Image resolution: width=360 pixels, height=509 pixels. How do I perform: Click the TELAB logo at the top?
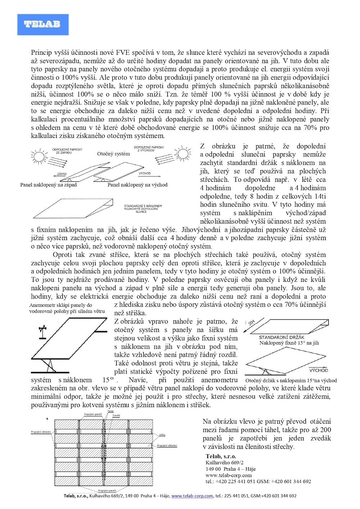42,24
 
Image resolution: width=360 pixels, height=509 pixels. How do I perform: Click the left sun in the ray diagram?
38,156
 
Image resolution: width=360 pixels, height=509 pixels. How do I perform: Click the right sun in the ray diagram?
183,154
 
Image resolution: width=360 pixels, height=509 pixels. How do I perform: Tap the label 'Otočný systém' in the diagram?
113,154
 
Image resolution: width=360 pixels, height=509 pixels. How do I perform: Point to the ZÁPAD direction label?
62,174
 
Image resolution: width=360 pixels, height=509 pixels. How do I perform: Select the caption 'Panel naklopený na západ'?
48,185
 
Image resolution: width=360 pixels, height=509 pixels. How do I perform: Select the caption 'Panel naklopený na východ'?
138,185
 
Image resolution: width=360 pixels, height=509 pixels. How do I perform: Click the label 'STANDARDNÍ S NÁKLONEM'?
143,206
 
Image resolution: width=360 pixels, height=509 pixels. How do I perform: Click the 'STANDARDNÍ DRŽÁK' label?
282,337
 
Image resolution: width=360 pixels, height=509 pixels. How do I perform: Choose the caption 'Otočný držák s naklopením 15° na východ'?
291,380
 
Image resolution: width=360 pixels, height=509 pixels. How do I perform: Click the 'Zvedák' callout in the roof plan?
116,415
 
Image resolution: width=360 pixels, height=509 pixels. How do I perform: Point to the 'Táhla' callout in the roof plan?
111,411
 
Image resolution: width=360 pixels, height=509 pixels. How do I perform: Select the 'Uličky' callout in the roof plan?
162,435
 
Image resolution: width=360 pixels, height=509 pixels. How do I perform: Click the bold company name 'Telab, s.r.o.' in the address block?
221,456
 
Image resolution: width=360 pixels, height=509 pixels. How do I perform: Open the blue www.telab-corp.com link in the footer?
192,496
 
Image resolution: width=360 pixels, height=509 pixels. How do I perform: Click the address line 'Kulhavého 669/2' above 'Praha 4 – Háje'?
225,463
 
